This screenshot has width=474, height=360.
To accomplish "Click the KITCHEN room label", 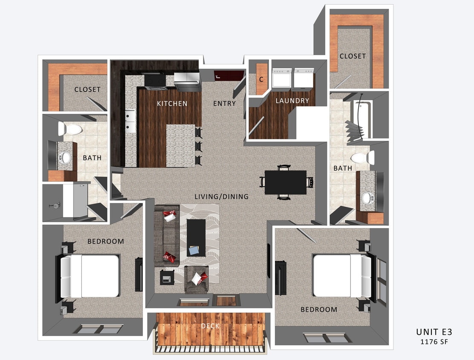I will point(172,104).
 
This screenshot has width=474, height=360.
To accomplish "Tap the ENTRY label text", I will point(224,104).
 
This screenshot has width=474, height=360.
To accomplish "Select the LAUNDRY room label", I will point(292,101).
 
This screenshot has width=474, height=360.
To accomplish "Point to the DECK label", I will point(211,326).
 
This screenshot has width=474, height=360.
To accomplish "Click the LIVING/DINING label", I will point(221,197).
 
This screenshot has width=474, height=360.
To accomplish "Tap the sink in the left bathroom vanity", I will point(65,157).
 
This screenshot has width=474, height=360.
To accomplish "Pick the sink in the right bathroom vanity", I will point(366,198).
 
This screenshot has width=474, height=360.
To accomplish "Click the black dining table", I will point(285,182).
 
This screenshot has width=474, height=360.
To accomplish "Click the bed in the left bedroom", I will point(90,276).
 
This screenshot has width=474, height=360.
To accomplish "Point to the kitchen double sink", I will point(130,121).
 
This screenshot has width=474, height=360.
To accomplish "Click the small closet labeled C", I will point(261,79).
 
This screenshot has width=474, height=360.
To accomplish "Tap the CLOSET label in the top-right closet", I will point(353,56).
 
